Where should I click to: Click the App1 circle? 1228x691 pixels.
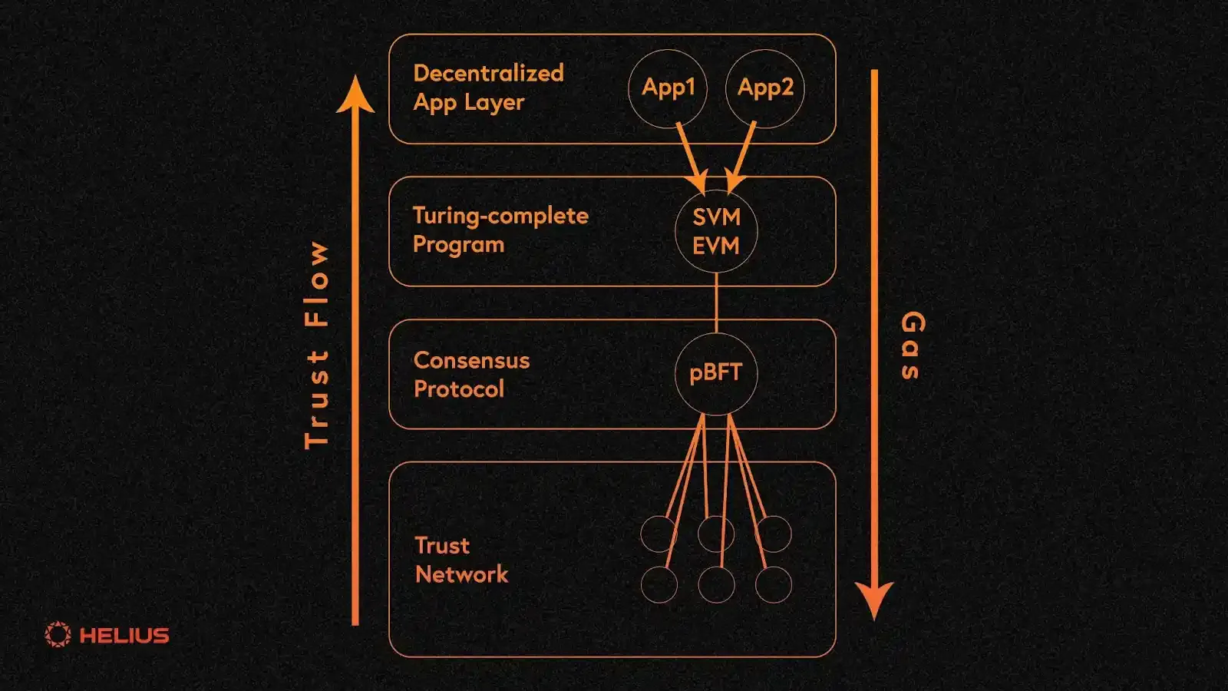[x=668, y=88]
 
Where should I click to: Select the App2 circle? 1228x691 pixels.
[x=764, y=88]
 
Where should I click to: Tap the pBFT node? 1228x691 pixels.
[x=716, y=373]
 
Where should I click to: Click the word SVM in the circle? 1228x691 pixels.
[x=716, y=217]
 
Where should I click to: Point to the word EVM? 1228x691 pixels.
[x=716, y=246]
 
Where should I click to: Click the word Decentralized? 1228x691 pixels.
[x=488, y=73]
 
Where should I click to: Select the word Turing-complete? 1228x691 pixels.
[x=500, y=216]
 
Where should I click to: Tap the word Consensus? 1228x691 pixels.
[x=471, y=360]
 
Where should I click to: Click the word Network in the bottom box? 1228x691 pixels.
[x=461, y=574]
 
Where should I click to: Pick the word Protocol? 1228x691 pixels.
[x=459, y=389]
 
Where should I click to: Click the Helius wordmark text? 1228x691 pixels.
[x=124, y=636]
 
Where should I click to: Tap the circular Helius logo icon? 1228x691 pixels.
[x=58, y=635]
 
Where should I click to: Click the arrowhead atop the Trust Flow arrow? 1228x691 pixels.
[x=355, y=96]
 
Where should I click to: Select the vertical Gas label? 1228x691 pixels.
[x=913, y=345]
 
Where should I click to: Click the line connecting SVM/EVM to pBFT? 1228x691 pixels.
[x=716, y=303]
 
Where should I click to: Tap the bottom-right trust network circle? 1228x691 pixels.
[x=773, y=585]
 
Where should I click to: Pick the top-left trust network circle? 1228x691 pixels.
[x=659, y=534]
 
